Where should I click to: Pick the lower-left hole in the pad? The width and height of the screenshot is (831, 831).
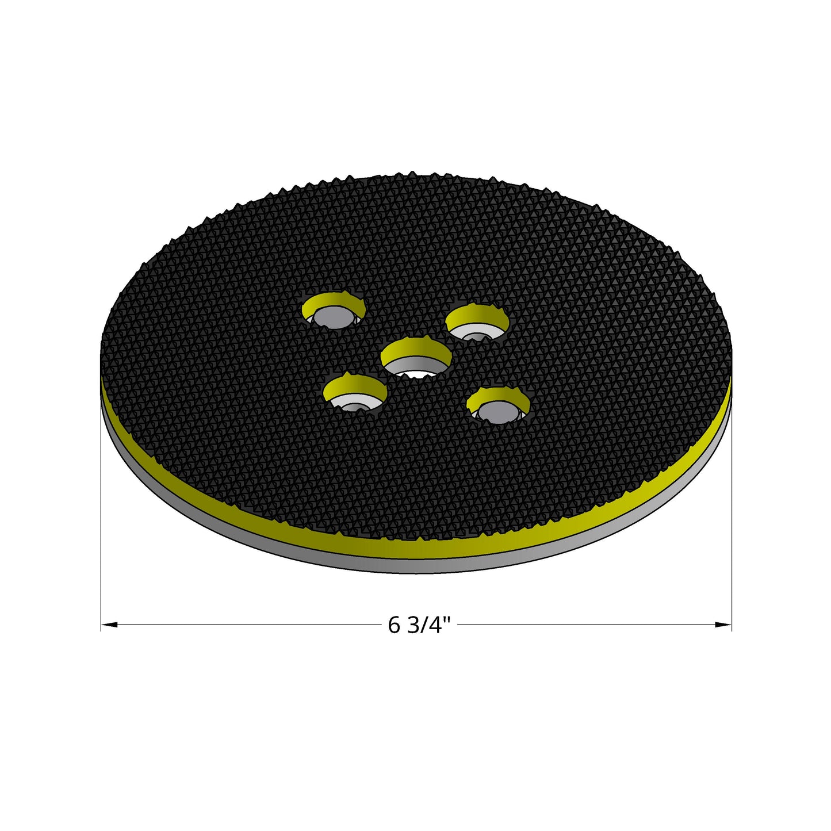[x=355, y=394]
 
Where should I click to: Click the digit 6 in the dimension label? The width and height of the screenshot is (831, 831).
[x=394, y=625]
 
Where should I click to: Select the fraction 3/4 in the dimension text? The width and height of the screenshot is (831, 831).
[x=426, y=625]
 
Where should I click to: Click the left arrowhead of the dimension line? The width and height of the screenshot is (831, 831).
[x=109, y=625]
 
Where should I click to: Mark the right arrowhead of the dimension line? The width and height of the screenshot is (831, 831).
[x=723, y=625]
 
